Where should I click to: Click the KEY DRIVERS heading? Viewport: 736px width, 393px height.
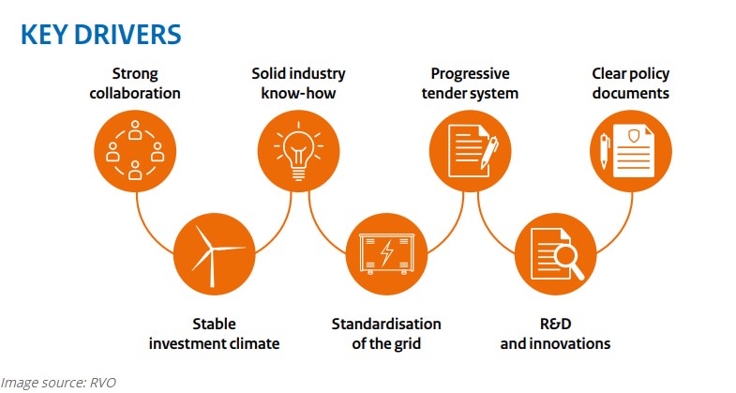tap(101, 35)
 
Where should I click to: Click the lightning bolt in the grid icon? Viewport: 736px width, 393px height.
tap(387, 253)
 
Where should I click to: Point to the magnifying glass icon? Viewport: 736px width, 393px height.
tap(568, 261)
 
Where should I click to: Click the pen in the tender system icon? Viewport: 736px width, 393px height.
tap(489, 153)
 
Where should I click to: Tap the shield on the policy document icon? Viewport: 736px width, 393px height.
tap(634, 137)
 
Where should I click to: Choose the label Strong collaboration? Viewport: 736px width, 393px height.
tap(135, 83)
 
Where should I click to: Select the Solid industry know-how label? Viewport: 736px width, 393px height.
tap(298, 83)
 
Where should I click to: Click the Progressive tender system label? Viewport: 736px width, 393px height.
tap(470, 83)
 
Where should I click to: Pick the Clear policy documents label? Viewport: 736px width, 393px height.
tap(630, 83)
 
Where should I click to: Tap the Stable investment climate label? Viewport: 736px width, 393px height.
tap(214, 334)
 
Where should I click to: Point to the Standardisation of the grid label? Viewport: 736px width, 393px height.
tap(386, 334)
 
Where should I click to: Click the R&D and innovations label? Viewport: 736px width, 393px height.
tap(555, 334)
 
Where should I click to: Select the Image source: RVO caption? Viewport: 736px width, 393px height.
tap(58, 383)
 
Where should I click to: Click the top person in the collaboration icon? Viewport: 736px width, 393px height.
tap(135, 130)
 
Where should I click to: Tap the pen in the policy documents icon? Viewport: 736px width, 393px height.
tap(605, 151)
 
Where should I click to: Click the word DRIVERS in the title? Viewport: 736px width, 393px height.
tap(128, 35)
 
